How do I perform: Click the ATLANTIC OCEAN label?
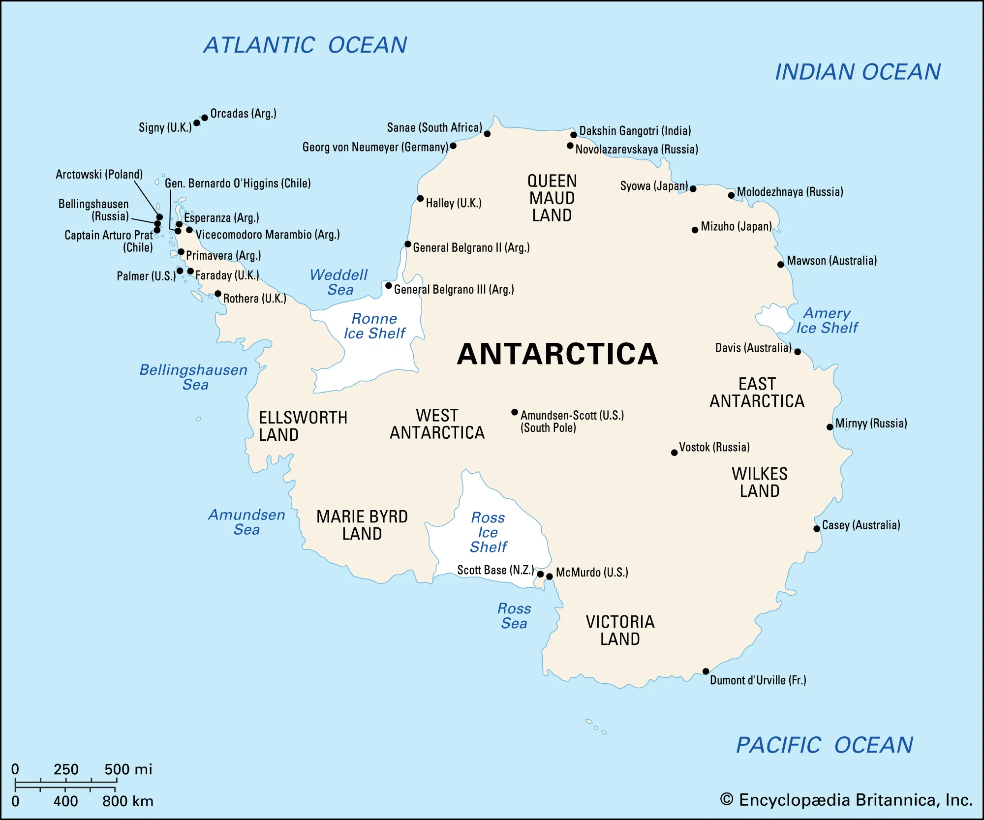tap(305, 45)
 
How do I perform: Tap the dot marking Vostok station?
tap(675, 453)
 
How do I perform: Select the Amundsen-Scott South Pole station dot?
tap(515, 412)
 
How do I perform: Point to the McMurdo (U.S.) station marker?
tap(550, 577)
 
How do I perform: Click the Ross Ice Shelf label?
tap(488, 532)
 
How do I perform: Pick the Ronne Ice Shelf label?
tap(374, 326)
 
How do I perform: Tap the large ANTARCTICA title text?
tap(557, 354)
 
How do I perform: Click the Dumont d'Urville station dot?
tap(706, 671)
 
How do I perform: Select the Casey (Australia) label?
tap(861, 525)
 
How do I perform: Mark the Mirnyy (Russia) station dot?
tap(830, 427)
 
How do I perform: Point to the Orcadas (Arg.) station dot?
tap(205, 118)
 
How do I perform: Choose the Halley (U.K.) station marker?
tap(420, 199)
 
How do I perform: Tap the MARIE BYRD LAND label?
tap(362, 525)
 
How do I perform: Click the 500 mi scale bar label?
tap(128, 769)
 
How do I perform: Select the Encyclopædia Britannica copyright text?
tap(846, 800)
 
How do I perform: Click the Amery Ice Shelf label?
tap(827, 321)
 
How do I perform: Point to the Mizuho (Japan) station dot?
tap(695, 230)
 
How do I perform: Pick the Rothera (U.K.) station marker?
tap(218, 294)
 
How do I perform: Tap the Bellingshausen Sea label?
tap(194, 377)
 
